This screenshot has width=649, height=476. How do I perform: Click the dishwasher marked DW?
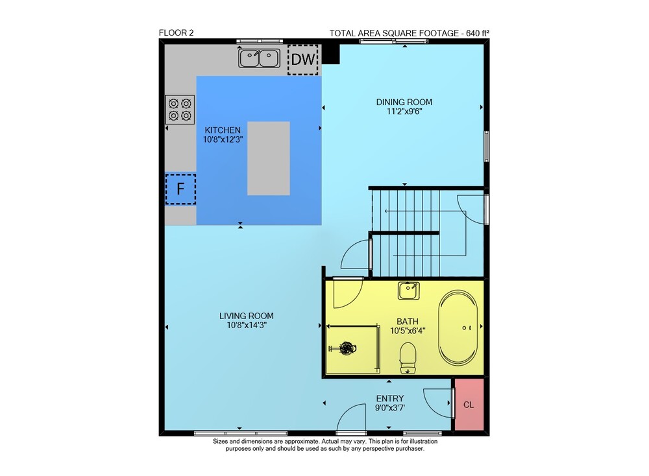tap(303, 60)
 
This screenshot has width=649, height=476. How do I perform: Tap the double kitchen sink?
tap(259, 58)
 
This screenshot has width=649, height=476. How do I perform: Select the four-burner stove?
tap(180, 110)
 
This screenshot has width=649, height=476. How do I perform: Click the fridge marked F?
tap(180, 189)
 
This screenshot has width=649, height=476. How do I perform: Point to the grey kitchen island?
tap(269, 158)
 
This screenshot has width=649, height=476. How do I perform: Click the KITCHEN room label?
tap(223, 130)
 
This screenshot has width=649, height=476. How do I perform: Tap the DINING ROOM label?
tap(404, 102)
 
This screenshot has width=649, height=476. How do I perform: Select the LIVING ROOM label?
tap(246, 316)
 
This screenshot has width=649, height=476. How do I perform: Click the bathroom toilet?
tap(408, 357)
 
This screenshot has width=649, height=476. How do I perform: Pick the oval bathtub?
tap(458, 327)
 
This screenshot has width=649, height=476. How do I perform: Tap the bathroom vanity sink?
tap(408, 291)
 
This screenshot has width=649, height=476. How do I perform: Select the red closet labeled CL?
tap(469, 405)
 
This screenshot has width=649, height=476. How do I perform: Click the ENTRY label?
tap(390, 399)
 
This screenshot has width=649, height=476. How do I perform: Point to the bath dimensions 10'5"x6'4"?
tap(408, 331)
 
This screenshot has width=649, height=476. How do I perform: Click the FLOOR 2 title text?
tap(177, 33)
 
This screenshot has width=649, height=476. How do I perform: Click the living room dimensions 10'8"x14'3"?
tap(246, 326)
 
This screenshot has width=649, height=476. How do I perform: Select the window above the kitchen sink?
tap(260, 42)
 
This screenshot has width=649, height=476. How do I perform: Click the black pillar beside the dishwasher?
tap(331, 54)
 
